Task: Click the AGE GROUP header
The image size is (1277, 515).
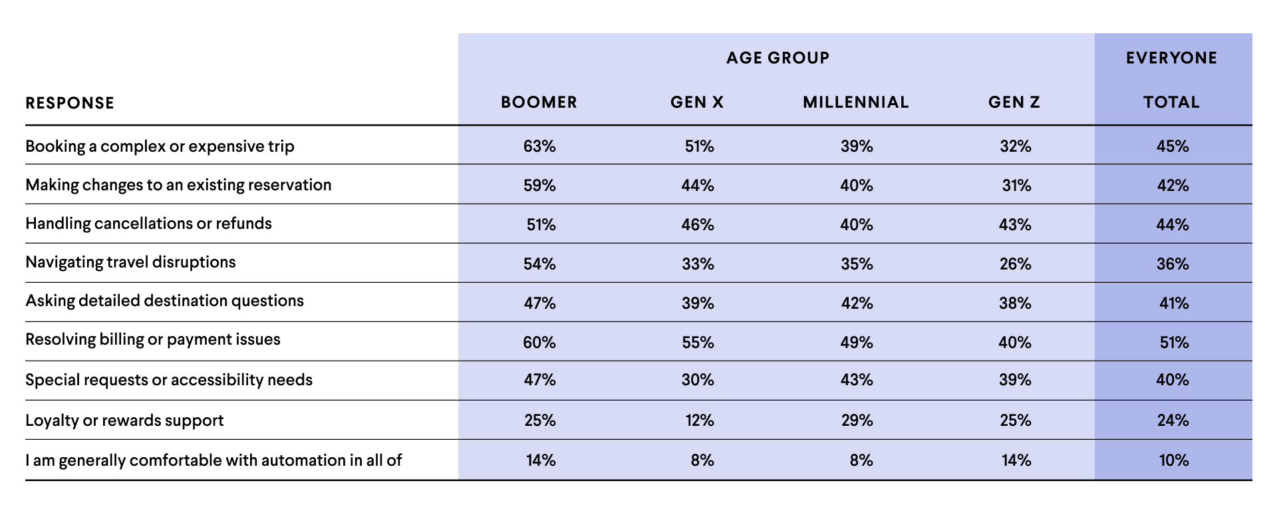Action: point(778,58)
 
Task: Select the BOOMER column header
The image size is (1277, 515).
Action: point(539,102)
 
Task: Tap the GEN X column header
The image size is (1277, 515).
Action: point(697,102)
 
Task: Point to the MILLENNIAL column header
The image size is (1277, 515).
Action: point(856,102)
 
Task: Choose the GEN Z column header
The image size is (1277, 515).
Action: point(1014,102)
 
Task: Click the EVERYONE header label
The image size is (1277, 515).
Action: point(1172,58)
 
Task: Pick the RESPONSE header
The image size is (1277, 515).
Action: point(70,103)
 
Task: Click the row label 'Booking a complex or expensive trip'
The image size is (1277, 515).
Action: point(160,146)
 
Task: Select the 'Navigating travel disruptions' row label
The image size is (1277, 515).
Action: point(130,262)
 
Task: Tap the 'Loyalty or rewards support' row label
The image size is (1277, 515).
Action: point(124,421)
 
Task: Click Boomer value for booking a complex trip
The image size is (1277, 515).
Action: point(539,146)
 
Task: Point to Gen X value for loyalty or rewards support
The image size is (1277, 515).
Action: point(700,421)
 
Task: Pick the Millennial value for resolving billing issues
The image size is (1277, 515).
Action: point(857,343)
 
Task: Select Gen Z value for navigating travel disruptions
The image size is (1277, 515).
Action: point(1016,264)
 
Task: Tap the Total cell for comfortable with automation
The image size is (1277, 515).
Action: point(1174,460)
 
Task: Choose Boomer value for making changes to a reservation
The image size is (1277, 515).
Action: point(539,186)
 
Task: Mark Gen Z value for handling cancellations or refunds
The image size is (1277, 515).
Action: point(1016,225)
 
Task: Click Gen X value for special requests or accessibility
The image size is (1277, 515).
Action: point(698,380)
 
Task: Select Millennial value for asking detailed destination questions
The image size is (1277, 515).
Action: point(857,303)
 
